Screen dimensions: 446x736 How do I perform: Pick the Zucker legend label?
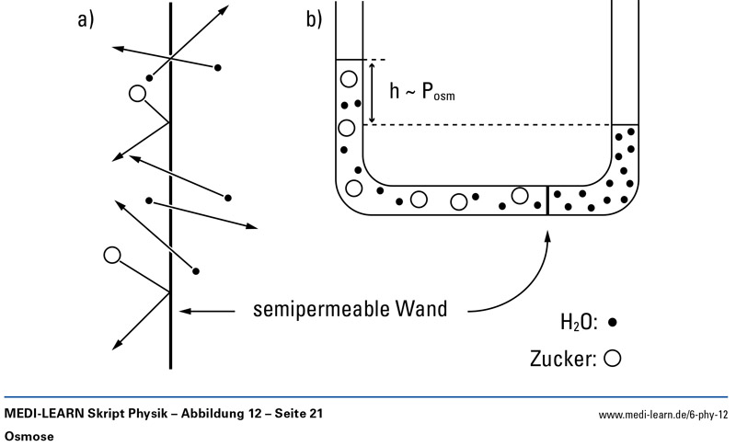[x=562, y=358]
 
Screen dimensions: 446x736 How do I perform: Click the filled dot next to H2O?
[x=612, y=323]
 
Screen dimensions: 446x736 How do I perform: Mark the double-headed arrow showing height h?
[x=372, y=91]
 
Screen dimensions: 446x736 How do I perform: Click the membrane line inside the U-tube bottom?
[x=548, y=200]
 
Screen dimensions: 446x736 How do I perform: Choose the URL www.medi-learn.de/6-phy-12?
[x=663, y=416]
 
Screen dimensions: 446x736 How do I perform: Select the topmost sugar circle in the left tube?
[x=349, y=78]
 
